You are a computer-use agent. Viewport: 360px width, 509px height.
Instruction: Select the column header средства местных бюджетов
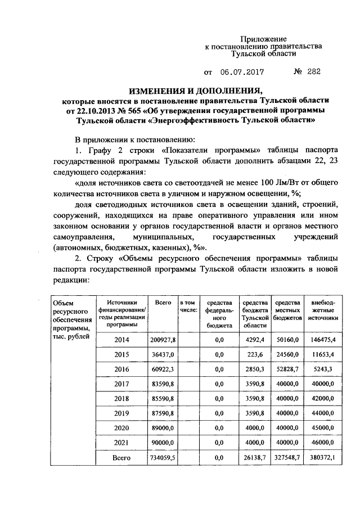tap(288, 310)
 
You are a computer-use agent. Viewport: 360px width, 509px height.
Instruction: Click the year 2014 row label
tap(121, 340)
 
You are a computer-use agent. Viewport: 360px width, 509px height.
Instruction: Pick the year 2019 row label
tap(121, 413)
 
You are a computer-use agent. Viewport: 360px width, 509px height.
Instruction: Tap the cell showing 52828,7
tap(288, 370)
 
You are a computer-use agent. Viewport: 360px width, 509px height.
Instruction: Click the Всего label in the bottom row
tap(121, 458)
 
